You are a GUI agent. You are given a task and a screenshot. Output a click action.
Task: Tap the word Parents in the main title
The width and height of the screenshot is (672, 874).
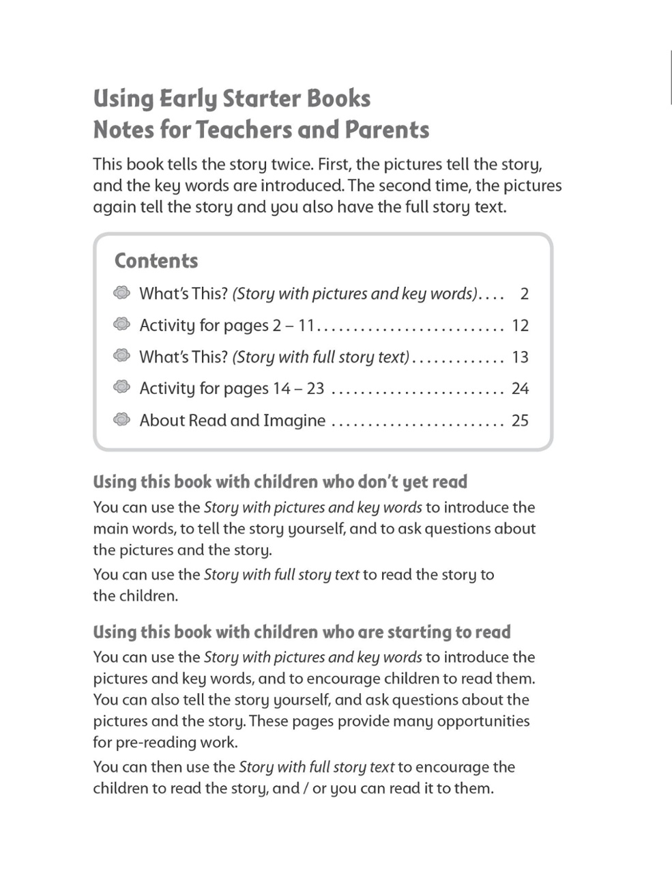coord(387,130)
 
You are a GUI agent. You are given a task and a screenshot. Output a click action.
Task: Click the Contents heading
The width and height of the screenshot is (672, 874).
coord(156,261)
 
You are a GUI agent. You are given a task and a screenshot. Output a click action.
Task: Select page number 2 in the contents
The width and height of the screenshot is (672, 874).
coord(524,294)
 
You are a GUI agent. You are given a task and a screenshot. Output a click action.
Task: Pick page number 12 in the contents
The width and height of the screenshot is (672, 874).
coord(520,326)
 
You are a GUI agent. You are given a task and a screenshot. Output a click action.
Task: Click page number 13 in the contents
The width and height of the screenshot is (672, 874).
coord(520,357)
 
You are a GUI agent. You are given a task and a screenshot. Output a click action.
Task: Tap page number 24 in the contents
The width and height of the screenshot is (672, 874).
coord(520,389)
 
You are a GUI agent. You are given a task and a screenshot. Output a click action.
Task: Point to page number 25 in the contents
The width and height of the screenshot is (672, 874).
coord(520,421)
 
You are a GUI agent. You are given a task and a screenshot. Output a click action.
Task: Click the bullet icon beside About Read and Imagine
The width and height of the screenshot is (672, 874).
coord(121,419)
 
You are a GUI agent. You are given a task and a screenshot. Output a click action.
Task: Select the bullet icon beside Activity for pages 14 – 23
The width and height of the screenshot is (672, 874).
coord(121,387)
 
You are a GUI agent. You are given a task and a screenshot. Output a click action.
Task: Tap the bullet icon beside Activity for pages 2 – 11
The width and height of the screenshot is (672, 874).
coord(121,324)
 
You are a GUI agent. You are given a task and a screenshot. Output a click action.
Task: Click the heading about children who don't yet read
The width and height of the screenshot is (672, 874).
coord(280,482)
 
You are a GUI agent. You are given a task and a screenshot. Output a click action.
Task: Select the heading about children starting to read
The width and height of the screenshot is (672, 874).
coord(302,632)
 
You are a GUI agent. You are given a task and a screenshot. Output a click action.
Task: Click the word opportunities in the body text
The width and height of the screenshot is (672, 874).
coord(483,721)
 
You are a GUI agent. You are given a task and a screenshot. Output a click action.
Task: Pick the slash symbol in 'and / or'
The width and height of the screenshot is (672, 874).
coord(306,789)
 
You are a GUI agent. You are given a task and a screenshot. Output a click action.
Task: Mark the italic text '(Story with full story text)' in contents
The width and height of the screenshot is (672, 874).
coord(321,357)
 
